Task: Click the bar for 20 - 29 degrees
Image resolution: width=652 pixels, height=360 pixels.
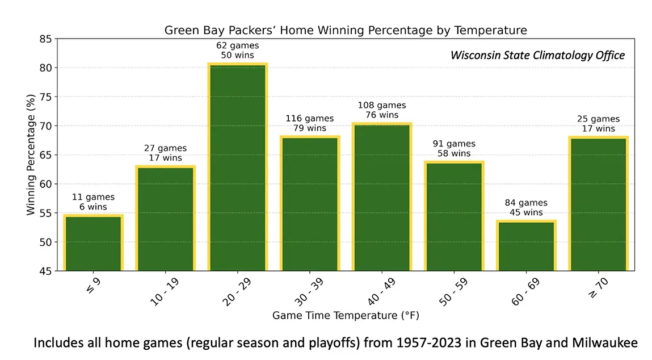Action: [237, 167]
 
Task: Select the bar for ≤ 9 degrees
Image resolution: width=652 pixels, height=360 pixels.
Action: [93, 242]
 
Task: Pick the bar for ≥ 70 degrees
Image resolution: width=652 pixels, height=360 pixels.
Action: [598, 203]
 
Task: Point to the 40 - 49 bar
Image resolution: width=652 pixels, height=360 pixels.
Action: [382, 197]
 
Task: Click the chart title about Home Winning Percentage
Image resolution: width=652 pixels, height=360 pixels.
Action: [346, 31]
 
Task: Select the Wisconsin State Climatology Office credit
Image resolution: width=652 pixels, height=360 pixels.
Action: [537, 55]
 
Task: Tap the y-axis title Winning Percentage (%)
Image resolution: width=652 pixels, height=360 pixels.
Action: [31, 155]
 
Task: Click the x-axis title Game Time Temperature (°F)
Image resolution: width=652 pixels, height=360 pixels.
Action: [346, 316]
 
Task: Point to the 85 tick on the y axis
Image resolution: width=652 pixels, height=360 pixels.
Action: [46, 39]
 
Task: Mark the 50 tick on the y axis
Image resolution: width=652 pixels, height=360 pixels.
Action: [46, 242]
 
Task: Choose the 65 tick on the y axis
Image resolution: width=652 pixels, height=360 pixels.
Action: [46, 155]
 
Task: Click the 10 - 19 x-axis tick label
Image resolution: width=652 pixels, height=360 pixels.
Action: [164, 292]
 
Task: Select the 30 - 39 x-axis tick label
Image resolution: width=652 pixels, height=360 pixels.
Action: [309, 292]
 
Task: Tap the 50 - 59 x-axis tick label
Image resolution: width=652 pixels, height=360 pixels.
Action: [453, 292]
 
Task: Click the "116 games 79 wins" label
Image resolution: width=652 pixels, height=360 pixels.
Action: [310, 123]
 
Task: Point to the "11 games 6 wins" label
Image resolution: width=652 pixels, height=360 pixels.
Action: [93, 202]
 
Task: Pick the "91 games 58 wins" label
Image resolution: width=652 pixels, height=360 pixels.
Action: [454, 148]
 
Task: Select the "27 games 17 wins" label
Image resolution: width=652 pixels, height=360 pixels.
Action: [166, 153]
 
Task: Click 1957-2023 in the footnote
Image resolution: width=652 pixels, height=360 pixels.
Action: [428, 342]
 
